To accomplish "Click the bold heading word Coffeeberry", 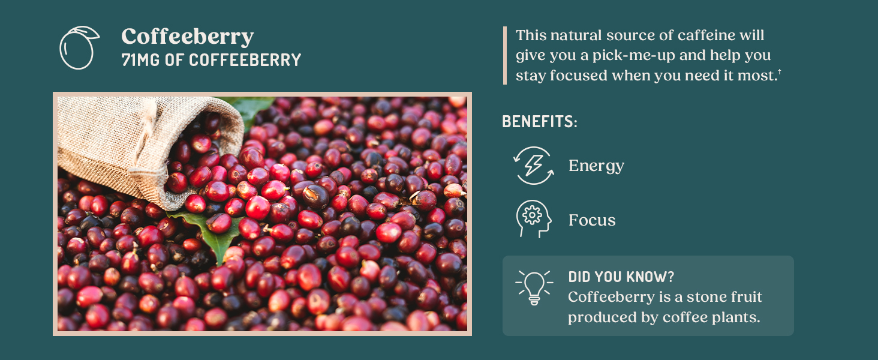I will (187, 37).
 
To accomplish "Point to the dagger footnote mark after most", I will (779, 73).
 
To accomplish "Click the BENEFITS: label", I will (539, 121).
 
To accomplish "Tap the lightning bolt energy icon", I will (533, 166).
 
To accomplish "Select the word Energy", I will (596, 166).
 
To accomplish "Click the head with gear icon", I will (533, 219).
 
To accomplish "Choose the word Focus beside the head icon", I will (592, 220).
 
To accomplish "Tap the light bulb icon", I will (533, 287).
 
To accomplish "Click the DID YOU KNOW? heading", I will (621, 277).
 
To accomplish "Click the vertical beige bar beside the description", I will (505, 55).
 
